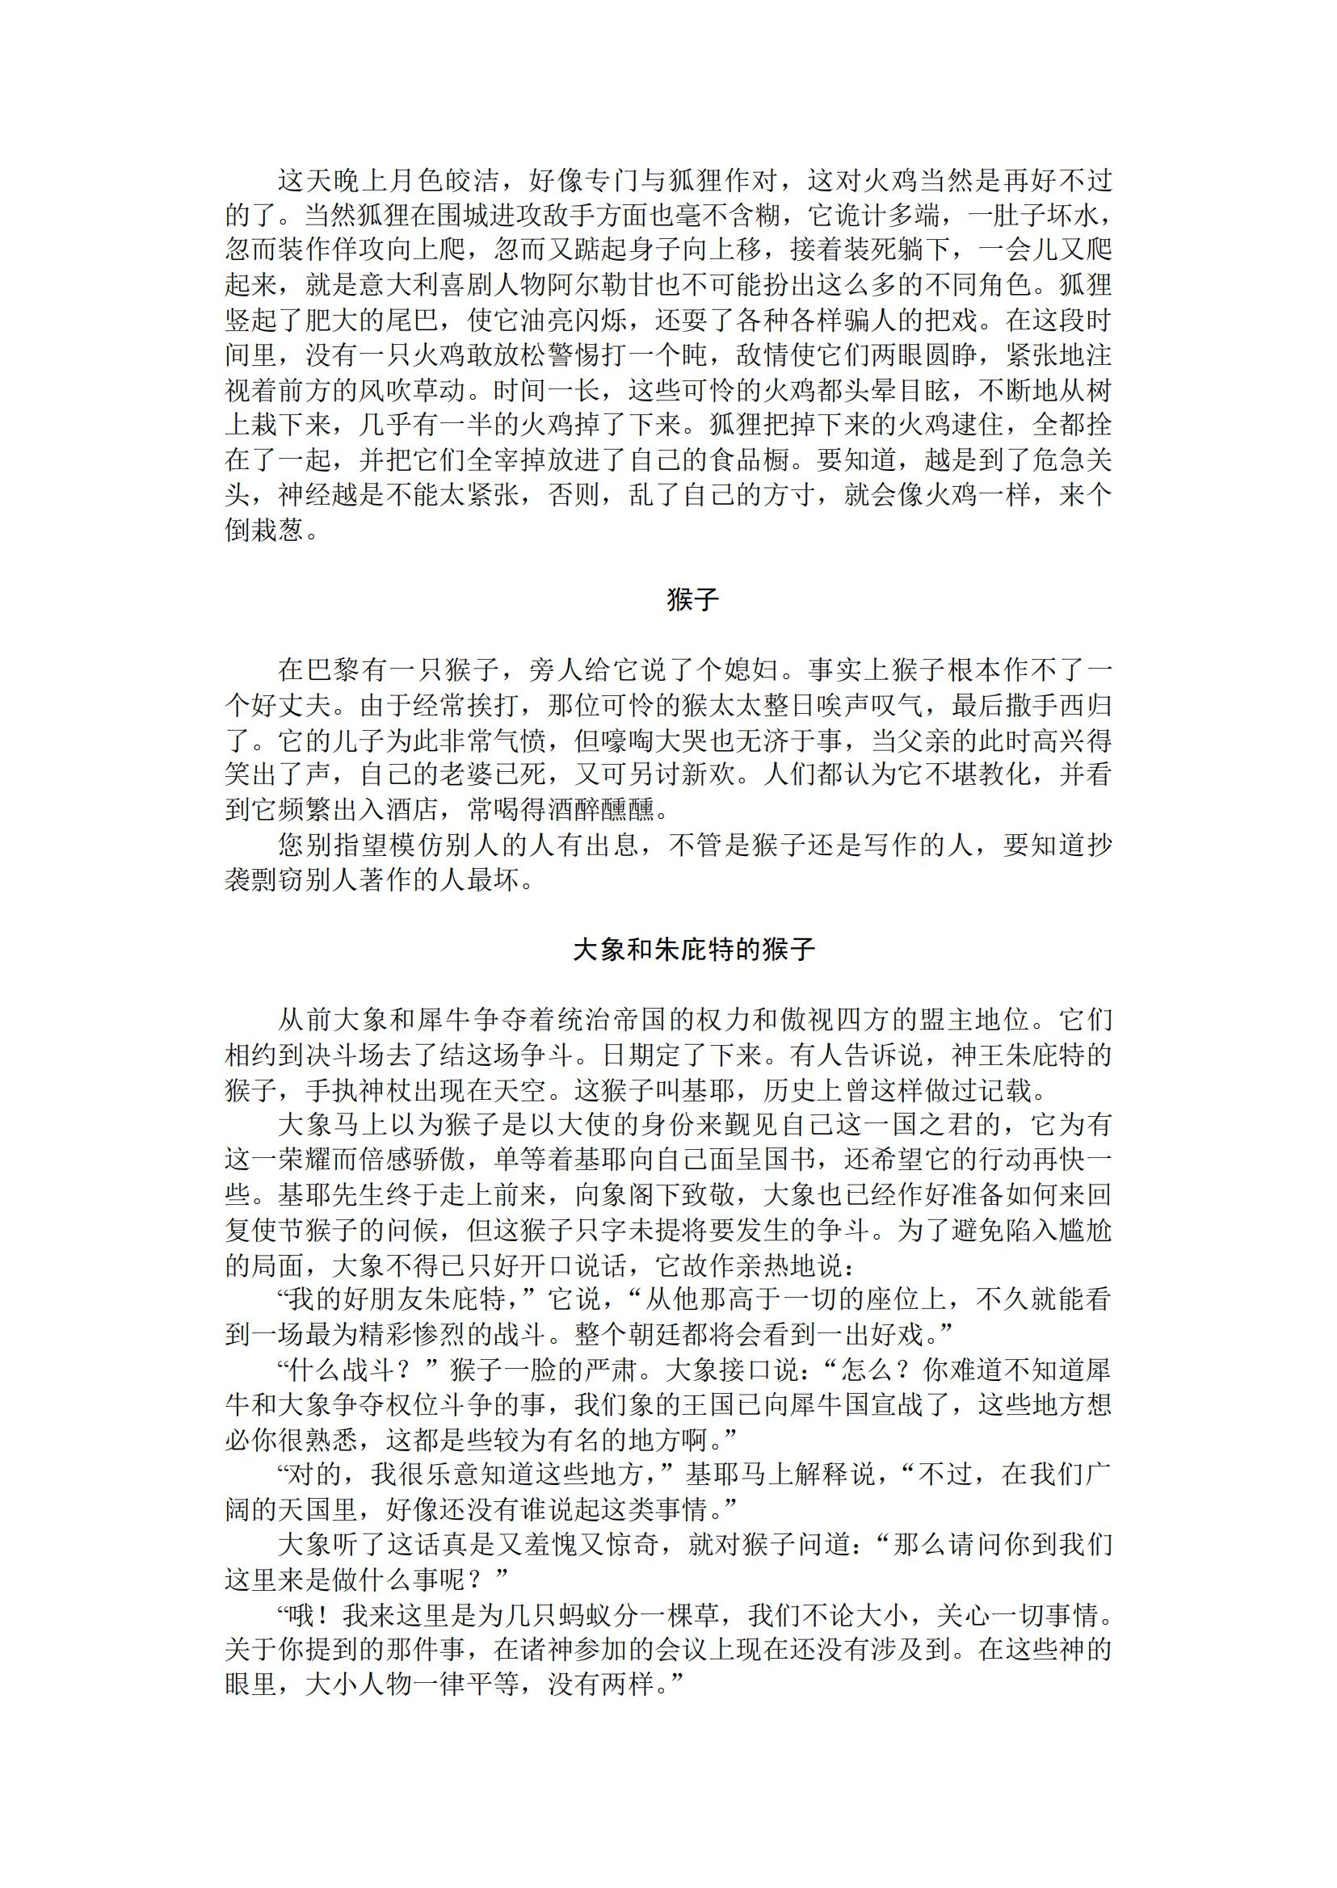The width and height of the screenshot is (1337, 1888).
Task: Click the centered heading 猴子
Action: click(x=692, y=601)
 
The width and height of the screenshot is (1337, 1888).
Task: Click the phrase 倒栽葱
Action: click(x=264, y=529)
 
